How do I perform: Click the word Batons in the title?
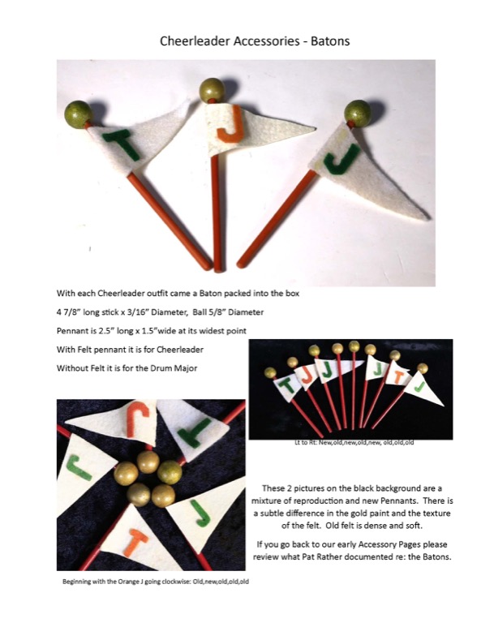click(x=330, y=41)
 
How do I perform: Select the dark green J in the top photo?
click(x=340, y=160)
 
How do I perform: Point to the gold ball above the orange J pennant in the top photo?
click(x=212, y=90)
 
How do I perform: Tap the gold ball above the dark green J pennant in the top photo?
click(x=357, y=113)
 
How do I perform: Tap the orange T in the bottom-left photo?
click(x=135, y=543)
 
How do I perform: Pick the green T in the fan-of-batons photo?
click(x=288, y=385)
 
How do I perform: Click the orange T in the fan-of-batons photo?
click(x=397, y=377)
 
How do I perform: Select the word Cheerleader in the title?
click(x=195, y=41)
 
